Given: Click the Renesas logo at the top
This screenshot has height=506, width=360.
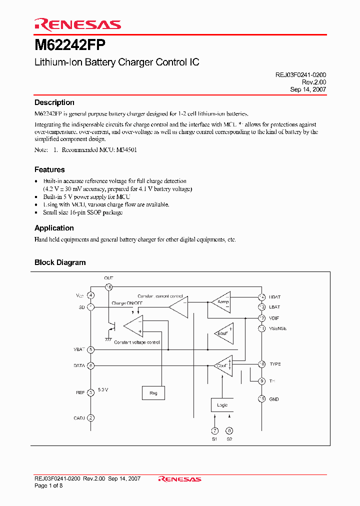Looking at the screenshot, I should click(77, 24).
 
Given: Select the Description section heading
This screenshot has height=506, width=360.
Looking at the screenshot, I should click(54, 102).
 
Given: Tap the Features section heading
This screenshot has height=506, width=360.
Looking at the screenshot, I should click(49, 169).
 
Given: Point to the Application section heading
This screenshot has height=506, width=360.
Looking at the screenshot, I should click(54, 228).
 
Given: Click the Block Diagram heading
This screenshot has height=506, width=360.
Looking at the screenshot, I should click(60, 262).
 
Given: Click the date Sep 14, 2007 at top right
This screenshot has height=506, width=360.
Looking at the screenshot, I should click(308, 89).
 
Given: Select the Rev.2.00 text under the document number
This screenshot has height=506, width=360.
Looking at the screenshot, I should click(314, 82).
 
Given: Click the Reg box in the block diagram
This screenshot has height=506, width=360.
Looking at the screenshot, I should click(153, 393).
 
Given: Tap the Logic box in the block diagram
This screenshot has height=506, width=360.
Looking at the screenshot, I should click(222, 404).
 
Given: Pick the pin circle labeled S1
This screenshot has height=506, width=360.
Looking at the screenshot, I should click(214, 430).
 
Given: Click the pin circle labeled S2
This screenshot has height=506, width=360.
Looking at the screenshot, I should click(229, 430).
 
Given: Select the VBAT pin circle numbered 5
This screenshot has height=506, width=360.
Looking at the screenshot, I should click(90, 350).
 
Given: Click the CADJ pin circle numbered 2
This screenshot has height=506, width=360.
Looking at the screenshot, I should click(90, 417).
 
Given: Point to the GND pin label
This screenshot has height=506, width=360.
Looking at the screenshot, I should click(274, 399).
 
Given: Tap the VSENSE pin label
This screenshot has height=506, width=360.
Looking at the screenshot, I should click(277, 328).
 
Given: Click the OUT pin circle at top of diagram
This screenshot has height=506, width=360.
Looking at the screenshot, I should click(108, 287).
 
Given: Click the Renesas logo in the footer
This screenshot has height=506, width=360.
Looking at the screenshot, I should click(179, 479).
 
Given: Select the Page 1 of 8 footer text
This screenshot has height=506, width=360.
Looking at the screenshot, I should click(48, 485).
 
